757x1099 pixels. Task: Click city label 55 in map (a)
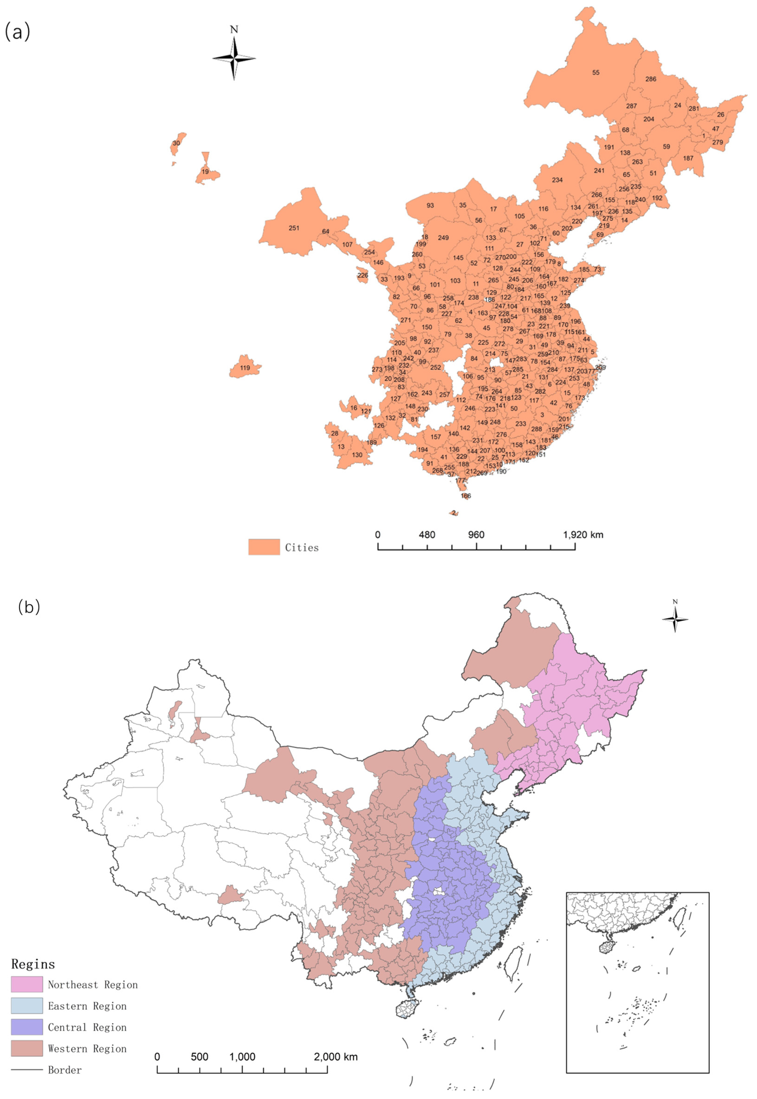coord(596,73)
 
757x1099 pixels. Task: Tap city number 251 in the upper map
coord(294,228)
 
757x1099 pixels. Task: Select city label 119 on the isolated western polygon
coord(245,368)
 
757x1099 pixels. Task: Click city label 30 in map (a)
coord(176,143)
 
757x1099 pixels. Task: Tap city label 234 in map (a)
coord(557,180)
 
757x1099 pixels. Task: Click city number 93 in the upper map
coord(430,206)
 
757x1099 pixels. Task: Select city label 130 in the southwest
coord(357,455)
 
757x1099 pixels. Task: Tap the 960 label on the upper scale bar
coord(476,535)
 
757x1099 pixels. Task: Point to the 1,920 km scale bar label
coord(583,535)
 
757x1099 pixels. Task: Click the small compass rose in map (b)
coord(675,619)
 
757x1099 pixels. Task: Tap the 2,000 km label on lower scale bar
coord(336,1057)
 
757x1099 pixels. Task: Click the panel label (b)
coord(29,607)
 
